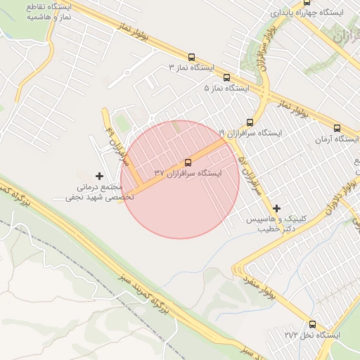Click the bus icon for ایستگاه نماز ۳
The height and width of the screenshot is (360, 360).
point(191,57)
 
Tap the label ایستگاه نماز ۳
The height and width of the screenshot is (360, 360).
point(191,67)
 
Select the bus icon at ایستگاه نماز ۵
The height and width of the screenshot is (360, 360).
point(226,78)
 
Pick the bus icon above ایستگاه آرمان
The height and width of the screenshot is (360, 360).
point(337,129)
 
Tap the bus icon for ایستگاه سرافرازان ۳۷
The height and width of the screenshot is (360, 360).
point(187,162)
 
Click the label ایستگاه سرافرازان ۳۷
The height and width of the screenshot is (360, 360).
point(187,173)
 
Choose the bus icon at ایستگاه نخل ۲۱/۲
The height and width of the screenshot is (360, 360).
point(312,324)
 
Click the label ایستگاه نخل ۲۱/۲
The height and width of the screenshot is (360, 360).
point(312,335)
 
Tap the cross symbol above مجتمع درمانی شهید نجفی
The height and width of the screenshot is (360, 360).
point(98,175)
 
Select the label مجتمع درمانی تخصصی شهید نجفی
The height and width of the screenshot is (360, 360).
point(98,193)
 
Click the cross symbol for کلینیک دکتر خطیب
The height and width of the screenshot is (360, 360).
point(277,208)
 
